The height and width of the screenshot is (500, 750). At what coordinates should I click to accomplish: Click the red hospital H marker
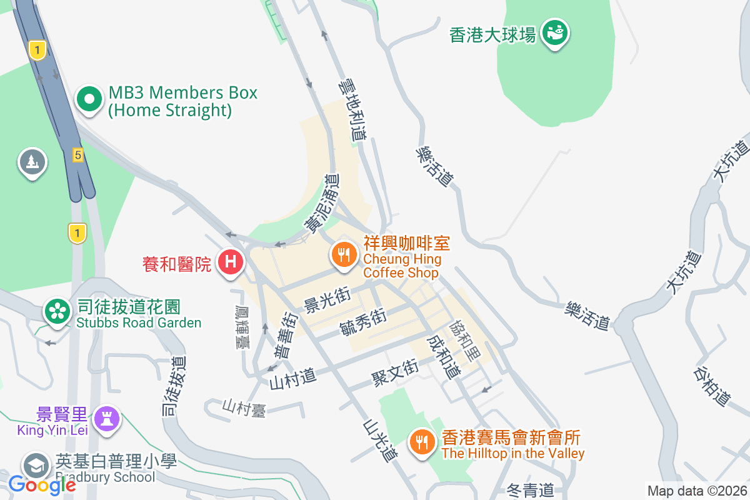pyautogui.click(x=230, y=261)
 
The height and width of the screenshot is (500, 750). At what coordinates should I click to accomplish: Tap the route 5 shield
pyautogui.click(x=77, y=155)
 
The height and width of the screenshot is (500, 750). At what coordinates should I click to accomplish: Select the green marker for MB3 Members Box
pyautogui.click(x=89, y=99)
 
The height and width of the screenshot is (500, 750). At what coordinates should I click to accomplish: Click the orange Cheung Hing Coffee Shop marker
pyautogui.click(x=343, y=254)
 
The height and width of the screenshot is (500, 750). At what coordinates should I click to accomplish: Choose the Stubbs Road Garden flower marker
pyautogui.click(x=57, y=310)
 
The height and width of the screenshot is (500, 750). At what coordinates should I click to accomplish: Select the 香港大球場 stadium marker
pyautogui.click(x=555, y=31)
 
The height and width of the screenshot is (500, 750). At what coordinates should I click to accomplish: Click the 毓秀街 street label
pyautogui.click(x=362, y=322)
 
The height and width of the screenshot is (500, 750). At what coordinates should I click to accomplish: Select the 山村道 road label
pyautogui.click(x=292, y=377)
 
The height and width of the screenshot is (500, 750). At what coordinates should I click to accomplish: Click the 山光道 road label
pyautogui.click(x=380, y=440)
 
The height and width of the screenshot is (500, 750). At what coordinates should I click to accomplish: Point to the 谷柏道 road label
pyautogui.click(x=711, y=384)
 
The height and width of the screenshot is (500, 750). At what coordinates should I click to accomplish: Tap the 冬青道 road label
pyautogui.click(x=529, y=490)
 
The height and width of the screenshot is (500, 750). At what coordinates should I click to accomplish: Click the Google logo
pyautogui.click(x=42, y=484)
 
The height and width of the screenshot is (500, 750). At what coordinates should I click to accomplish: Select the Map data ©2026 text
pyautogui.click(x=697, y=491)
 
